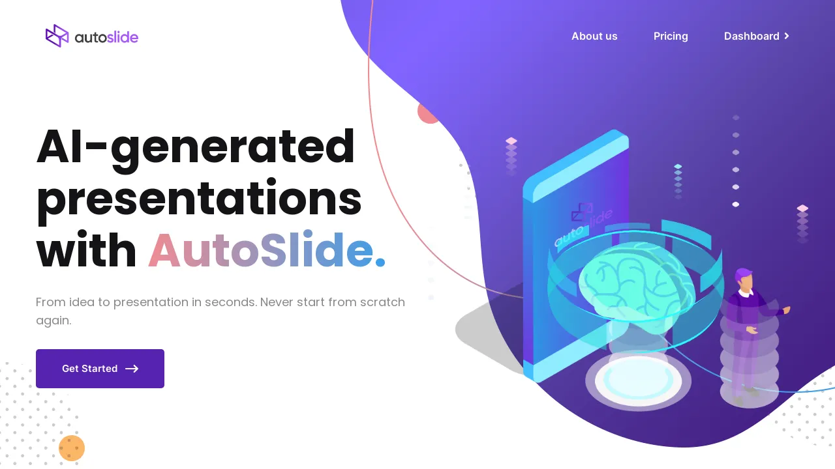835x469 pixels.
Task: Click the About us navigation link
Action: (x=594, y=36)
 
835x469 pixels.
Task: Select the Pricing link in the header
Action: (x=671, y=36)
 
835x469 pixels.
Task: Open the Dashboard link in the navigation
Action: (x=751, y=36)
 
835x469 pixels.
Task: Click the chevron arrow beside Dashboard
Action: (x=787, y=36)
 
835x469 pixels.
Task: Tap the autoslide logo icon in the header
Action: (x=57, y=36)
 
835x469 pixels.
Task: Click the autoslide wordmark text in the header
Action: (x=106, y=37)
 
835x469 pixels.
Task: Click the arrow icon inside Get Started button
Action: (x=132, y=369)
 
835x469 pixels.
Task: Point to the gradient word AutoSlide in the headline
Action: (x=261, y=251)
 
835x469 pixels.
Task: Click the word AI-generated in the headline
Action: (x=196, y=147)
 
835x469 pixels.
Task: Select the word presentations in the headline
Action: (x=199, y=199)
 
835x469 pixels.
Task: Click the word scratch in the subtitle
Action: (x=382, y=302)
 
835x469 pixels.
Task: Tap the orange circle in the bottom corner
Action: (x=72, y=448)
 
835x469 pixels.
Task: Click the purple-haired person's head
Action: (x=743, y=278)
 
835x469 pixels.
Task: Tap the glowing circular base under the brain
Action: (x=638, y=382)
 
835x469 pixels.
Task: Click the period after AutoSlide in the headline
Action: (x=380, y=263)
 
